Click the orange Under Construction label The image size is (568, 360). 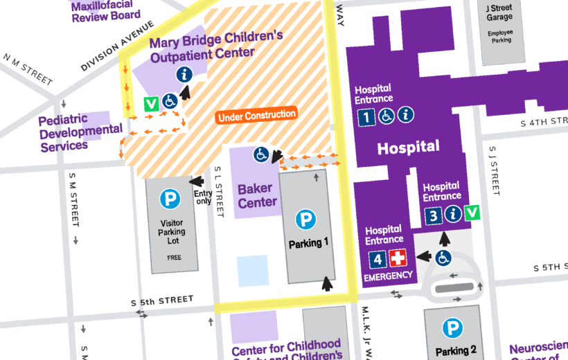pos(257,116)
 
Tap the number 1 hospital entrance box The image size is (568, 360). pos(366,116)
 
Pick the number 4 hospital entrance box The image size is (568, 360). pos(378,260)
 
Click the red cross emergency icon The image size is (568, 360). pos(398,260)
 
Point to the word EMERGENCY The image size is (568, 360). pos(387,277)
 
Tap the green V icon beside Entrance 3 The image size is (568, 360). pos(472,213)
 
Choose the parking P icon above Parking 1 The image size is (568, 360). pos(305,220)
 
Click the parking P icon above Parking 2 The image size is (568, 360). pos(453,328)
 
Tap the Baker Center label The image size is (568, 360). pos(257,195)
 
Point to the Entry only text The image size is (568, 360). pos(204,198)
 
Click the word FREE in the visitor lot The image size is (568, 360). pos(173,257)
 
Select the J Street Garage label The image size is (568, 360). pos(500,12)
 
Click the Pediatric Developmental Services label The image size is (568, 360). pos(81,132)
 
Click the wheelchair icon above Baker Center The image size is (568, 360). pos(260,153)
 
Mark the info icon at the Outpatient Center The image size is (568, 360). pos(184,74)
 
